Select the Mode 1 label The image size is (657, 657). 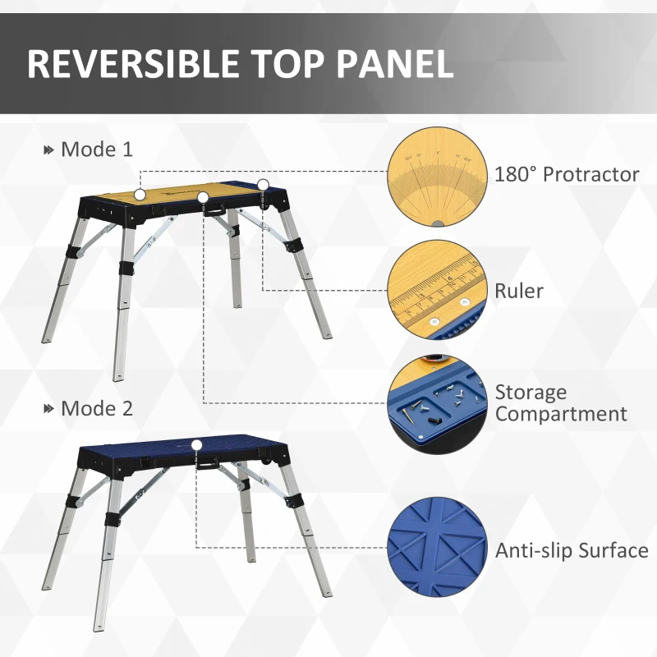(x=97, y=149)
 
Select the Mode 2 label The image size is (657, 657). (x=97, y=408)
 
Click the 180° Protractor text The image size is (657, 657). (x=567, y=174)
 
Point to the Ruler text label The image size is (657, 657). (x=519, y=291)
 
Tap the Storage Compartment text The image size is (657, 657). (x=561, y=403)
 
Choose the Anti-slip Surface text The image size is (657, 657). (x=572, y=550)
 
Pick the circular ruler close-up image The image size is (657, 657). (x=434, y=292)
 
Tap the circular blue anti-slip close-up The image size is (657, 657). (x=434, y=549)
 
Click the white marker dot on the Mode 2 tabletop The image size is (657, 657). (x=197, y=445)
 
